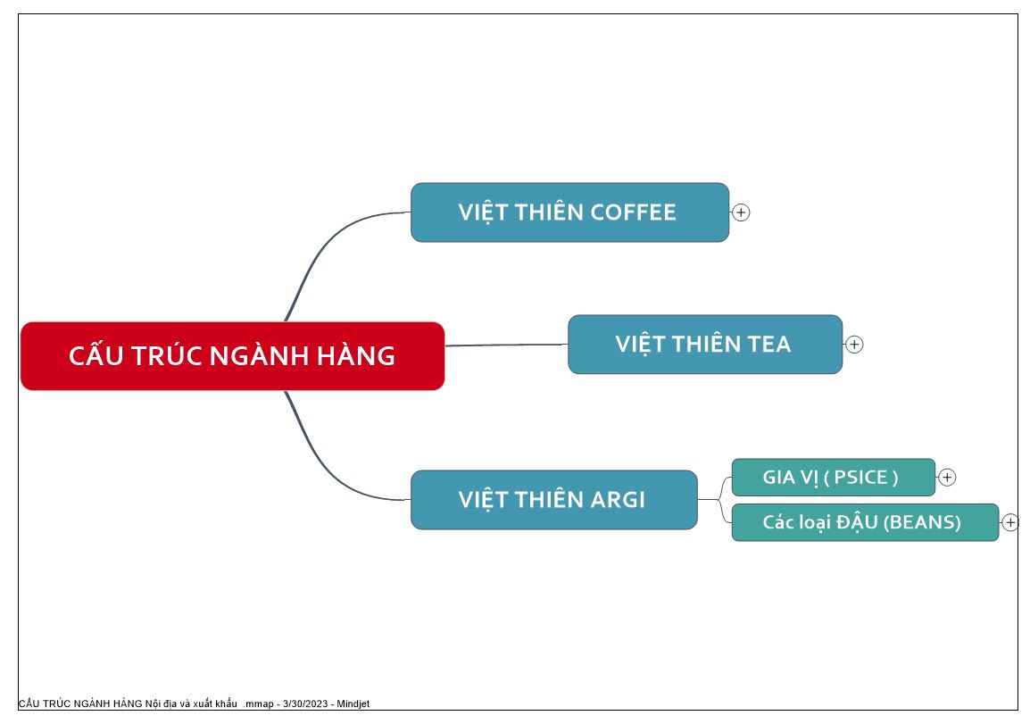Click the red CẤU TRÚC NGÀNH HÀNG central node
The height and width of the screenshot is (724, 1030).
click(x=233, y=356)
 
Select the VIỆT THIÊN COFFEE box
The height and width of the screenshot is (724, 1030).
click(x=569, y=212)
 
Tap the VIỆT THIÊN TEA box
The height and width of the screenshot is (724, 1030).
click(x=705, y=345)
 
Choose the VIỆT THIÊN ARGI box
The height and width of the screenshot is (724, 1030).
click(x=553, y=499)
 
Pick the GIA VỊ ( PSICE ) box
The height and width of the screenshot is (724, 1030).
click(x=833, y=477)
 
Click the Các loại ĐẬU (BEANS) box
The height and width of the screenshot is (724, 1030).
click(x=865, y=522)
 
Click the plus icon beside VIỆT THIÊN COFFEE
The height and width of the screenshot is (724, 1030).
click(x=741, y=212)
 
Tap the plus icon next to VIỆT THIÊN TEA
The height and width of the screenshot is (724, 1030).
click(x=854, y=345)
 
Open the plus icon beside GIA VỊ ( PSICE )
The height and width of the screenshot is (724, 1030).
click(x=947, y=478)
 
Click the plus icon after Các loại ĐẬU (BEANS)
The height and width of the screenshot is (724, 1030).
click(x=1010, y=522)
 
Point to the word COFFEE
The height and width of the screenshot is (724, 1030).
click(x=633, y=212)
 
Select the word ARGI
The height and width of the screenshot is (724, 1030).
click(x=618, y=499)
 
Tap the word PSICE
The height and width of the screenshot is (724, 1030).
click(x=860, y=477)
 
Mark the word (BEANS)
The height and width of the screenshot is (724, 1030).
click(x=922, y=522)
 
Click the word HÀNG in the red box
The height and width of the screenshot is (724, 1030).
click(x=356, y=355)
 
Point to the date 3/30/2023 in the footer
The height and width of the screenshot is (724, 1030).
click(x=305, y=703)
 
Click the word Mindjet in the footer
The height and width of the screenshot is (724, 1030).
click(x=353, y=703)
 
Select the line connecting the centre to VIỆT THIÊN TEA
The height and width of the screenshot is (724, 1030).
click(x=506, y=345)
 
